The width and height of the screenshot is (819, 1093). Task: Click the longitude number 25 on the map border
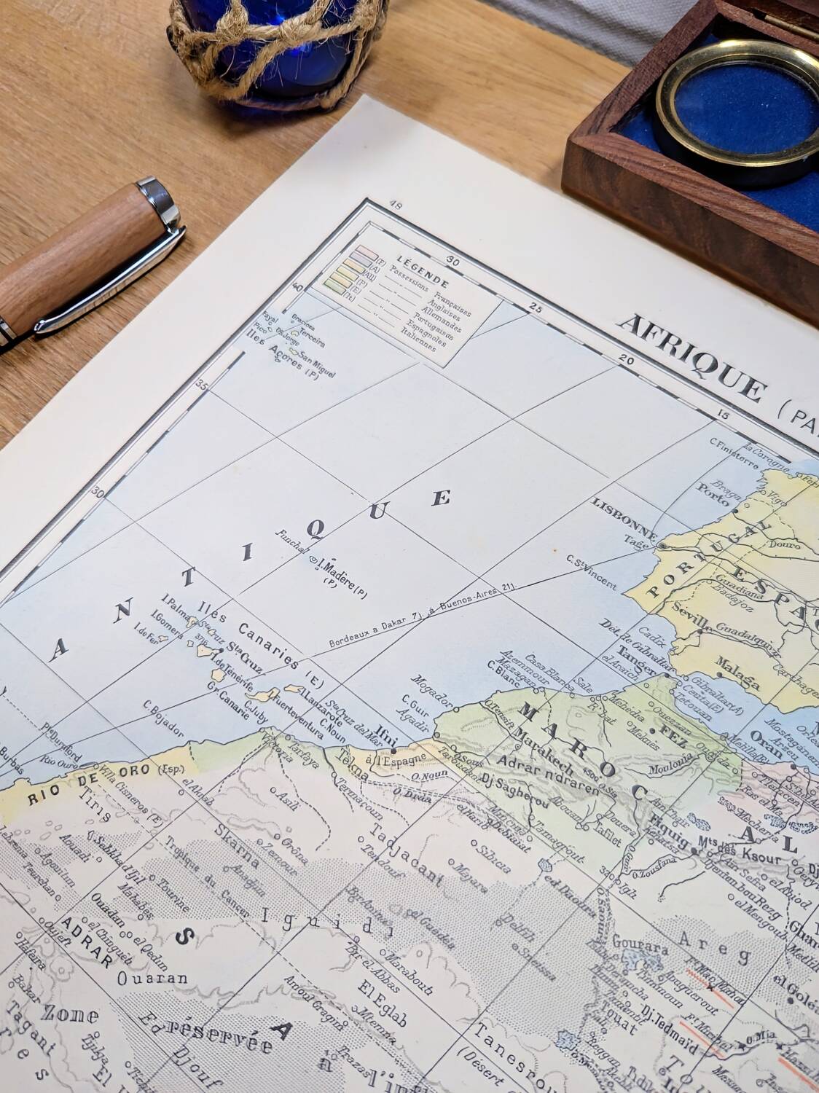(x=536, y=307)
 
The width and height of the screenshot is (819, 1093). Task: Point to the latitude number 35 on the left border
(x=202, y=386)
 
